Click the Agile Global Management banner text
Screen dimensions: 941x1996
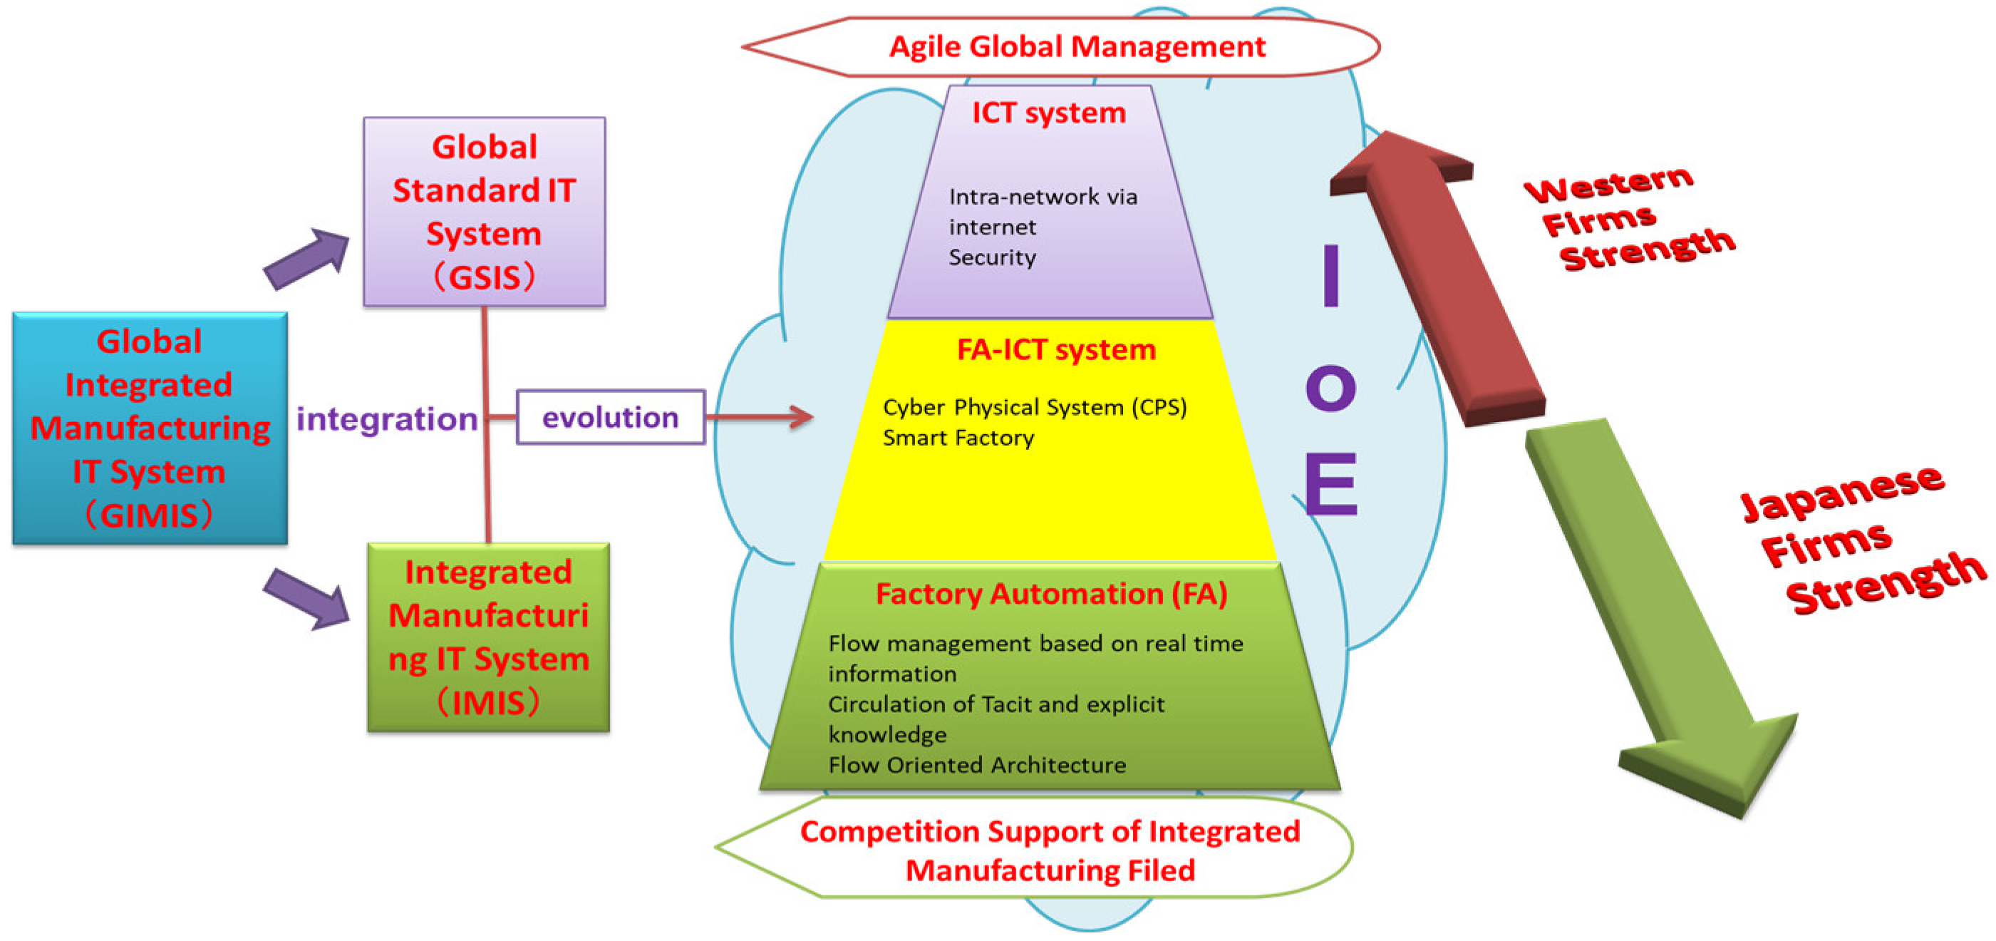click(1076, 46)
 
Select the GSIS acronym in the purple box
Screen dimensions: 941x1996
click(485, 277)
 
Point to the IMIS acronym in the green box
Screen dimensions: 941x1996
click(487, 703)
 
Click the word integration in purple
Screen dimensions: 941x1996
click(387, 419)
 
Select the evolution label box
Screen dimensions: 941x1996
click(611, 418)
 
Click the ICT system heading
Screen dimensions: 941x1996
click(1048, 113)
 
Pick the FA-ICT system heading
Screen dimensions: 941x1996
click(1055, 349)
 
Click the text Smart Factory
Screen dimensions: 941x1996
click(958, 438)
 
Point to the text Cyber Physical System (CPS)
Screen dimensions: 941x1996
click(1034, 408)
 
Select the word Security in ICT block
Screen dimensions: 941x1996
click(992, 257)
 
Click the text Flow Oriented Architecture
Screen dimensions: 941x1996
click(976, 765)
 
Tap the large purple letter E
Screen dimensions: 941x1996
click(1330, 483)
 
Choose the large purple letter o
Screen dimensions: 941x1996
click(1330, 389)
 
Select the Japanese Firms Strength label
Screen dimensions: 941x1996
click(1860, 543)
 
